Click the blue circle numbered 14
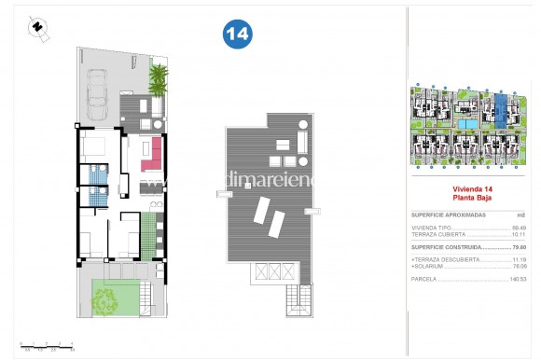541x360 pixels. pos(237,35)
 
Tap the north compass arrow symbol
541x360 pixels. pos(36,27)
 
